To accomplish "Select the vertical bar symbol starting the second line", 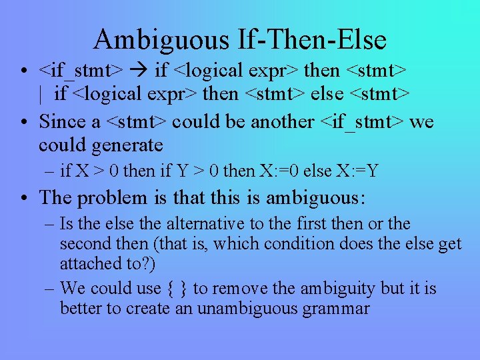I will pyautogui.click(x=41, y=94).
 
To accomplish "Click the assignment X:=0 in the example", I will pyautogui.click(x=277, y=171).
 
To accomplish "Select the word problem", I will pyautogui.click(x=116, y=198).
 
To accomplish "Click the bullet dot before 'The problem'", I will pyautogui.click(x=24, y=198).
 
